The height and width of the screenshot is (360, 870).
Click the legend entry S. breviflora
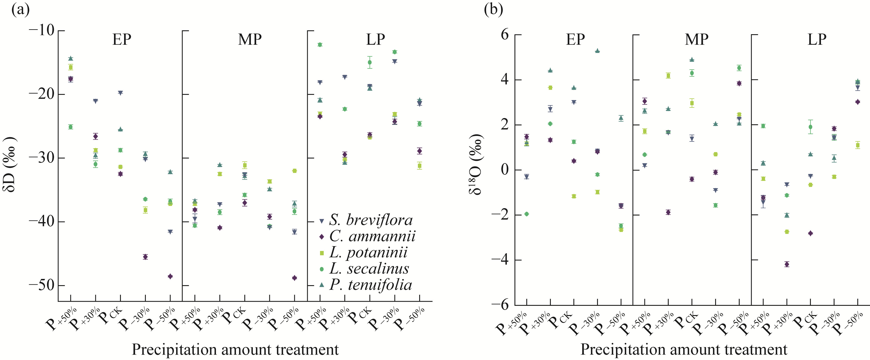tap(371, 220)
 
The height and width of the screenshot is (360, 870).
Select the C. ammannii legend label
tap(372, 236)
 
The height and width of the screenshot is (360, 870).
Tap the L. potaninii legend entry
tap(368, 253)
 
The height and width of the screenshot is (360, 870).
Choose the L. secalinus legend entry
tap(369, 269)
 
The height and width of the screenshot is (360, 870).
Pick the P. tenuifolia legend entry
tap(371, 285)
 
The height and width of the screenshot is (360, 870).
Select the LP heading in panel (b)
tap(817, 40)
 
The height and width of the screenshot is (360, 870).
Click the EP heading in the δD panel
tap(122, 40)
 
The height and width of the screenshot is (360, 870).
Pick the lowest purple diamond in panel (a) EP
tap(170, 276)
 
